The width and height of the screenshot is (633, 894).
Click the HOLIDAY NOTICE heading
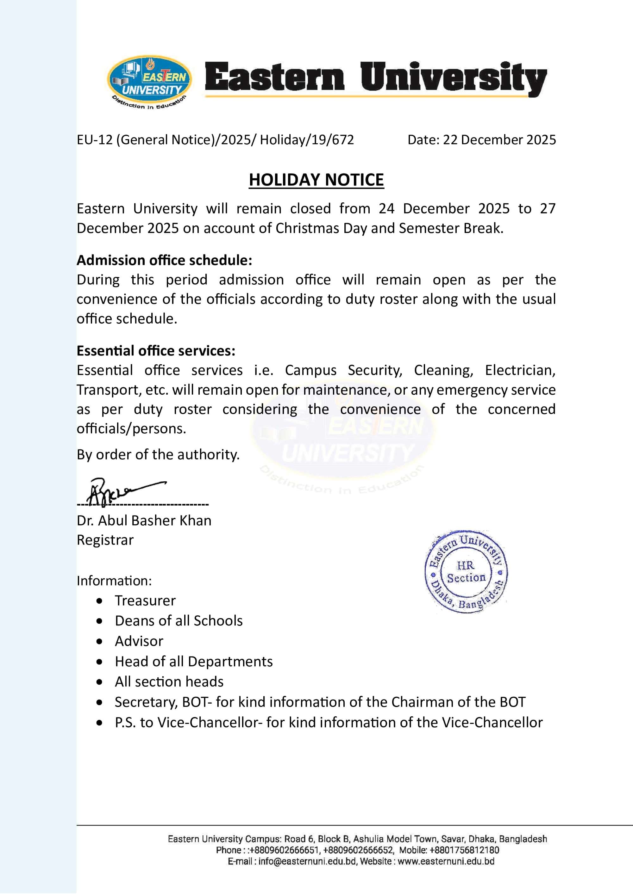316,180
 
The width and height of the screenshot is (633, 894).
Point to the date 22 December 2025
499,140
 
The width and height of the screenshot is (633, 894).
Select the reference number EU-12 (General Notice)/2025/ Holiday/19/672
215,140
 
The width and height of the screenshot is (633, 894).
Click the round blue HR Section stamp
466,571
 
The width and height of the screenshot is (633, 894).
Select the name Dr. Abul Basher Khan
144,521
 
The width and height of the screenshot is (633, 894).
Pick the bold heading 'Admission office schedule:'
164,260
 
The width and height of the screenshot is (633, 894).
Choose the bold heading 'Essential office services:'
156,351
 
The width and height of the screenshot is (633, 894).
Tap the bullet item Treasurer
145,601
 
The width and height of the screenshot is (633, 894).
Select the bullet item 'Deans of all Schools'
179,621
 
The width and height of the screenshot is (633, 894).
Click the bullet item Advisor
139,641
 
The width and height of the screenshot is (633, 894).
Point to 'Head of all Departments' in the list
194,662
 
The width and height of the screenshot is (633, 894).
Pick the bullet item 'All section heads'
169,682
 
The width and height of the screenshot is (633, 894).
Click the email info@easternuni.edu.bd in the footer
307,861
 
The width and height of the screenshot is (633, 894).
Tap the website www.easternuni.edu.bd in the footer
446,861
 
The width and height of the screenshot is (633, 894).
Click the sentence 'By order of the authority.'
158,454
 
